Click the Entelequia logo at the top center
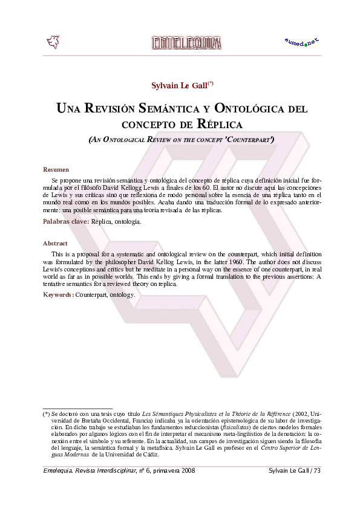pyautogui.click(x=186, y=42)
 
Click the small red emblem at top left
pyautogui.click(x=53, y=42)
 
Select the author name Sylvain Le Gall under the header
pyautogui.click(x=179, y=85)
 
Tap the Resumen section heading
pyautogui.click(x=56, y=169)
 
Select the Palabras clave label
pyautogui.click(x=65, y=222)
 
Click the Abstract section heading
pyautogui.click(x=55, y=243)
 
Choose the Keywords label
pyautogui.click(x=58, y=295)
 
